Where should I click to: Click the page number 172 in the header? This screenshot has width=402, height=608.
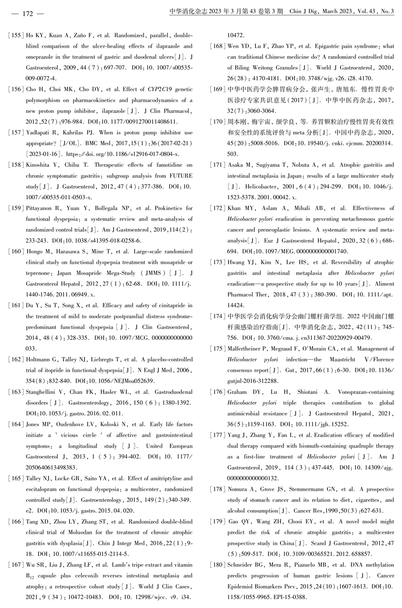coord(27,13)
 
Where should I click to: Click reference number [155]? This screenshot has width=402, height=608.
coord(15,35)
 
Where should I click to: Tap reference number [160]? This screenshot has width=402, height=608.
coord(15,252)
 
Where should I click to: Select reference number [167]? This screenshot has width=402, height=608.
coord(15,565)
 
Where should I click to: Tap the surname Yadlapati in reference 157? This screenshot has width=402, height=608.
coord(39,133)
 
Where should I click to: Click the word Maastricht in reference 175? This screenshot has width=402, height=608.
coord(342,359)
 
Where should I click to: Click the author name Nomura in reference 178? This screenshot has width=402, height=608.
coord(237,489)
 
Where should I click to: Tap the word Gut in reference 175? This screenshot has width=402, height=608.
coord(290,370)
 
